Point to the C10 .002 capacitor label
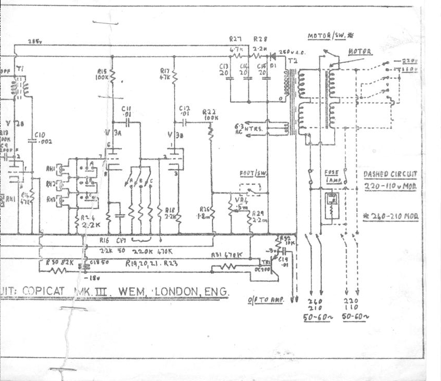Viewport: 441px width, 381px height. pyautogui.click(x=42, y=138)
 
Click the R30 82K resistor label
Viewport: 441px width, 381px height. pyautogui.click(x=57, y=263)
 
